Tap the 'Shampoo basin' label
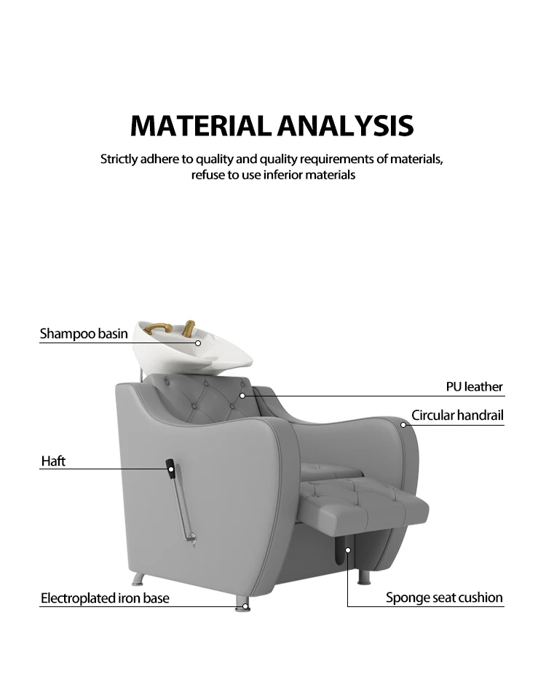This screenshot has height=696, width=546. (x=84, y=334)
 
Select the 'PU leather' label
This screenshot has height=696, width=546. (x=474, y=386)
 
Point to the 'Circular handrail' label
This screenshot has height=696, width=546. (x=457, y=415)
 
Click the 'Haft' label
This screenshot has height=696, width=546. (x=53, y=461)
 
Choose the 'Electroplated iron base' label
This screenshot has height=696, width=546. (x=105, y=598)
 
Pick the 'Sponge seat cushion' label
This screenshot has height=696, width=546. (x=444, y=598)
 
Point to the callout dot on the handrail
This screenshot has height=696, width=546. (x=403, y=424)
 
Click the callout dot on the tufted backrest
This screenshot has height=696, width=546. (x=242, y=396)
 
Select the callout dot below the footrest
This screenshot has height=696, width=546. (x=348, y=550)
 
